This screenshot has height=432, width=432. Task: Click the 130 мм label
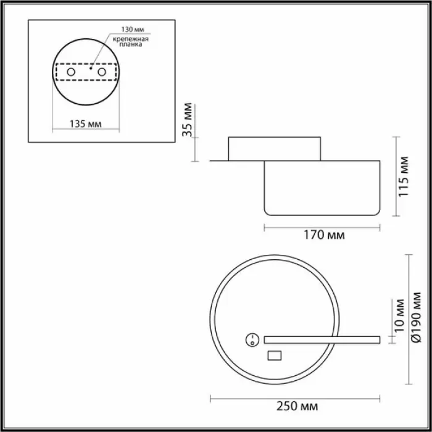coord(133,30)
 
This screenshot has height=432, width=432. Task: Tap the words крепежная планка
coord(131,41)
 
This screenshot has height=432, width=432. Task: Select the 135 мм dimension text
coord(85,124)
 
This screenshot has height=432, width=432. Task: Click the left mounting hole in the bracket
coord(71,72)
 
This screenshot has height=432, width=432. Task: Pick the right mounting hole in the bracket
coord(102,72)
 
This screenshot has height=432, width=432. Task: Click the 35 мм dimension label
coord(188,120)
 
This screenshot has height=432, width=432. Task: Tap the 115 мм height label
coord(404,177)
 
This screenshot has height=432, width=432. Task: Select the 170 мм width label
coord(324,235)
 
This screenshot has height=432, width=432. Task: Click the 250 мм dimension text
coord(297,406)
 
